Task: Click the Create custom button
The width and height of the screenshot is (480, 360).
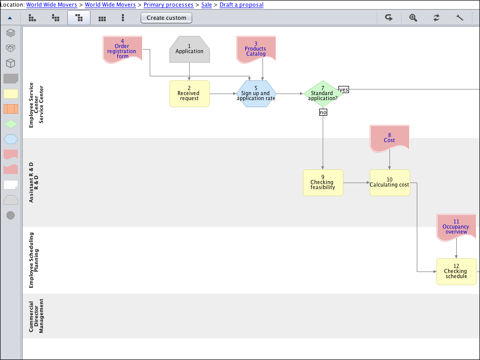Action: tap(166, 18)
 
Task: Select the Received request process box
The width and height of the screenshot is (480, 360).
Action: tap(189, 94)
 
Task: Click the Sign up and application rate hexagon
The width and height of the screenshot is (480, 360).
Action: tap(256, 94)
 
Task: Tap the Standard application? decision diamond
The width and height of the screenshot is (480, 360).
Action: tap(323, 94)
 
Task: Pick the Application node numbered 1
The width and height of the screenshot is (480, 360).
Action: tap(189, 49)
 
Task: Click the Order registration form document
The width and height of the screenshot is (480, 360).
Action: tap(122, 49)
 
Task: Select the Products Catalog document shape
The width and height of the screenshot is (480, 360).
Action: tap(256, 49)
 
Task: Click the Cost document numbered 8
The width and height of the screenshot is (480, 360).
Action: tap(389, 138)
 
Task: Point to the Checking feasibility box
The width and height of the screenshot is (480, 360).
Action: tap(323, 183)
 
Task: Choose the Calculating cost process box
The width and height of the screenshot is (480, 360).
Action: tap(389, 183)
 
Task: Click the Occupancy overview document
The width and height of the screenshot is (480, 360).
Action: tap(456, 227)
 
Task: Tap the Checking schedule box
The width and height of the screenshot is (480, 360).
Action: tap(456, 272)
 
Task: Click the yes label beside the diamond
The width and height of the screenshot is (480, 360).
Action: tap(344, 89)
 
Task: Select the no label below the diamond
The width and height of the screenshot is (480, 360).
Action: tap(323, 112)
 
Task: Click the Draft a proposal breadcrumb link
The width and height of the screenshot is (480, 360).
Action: tap(241, 5)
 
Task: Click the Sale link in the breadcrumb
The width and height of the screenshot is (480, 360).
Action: tap(206, 5)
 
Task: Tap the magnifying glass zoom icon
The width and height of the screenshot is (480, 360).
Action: tap(413, 18)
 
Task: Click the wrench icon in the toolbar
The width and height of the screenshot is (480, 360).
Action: tap(460, 18)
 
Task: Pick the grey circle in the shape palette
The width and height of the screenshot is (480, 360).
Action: tap(11, 215)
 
